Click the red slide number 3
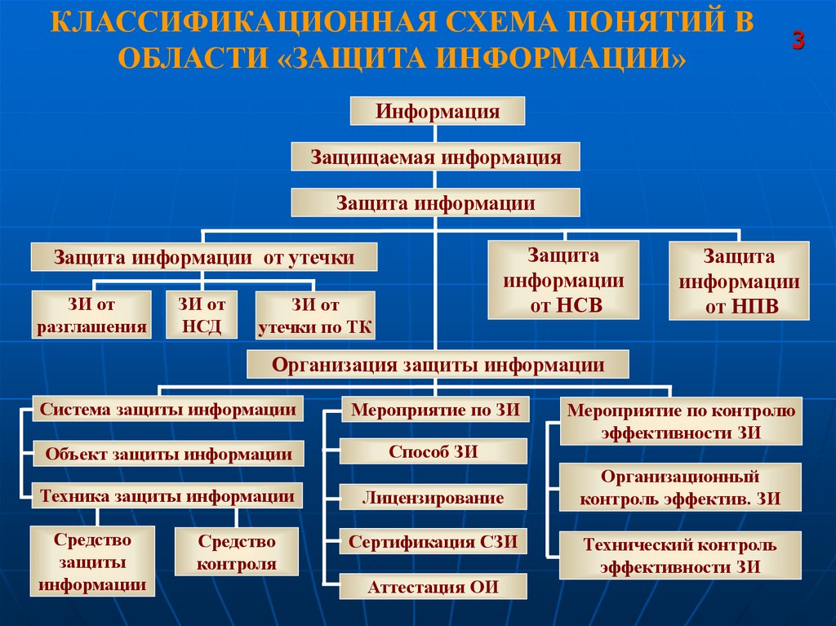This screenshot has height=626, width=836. [798, 42]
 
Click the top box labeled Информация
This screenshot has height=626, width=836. [437, 111]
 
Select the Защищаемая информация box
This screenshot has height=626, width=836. [435, 157]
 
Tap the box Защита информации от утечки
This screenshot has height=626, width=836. [204, 258]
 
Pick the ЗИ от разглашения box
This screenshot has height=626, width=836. [91, 316]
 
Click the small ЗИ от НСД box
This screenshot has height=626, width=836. [202, 316]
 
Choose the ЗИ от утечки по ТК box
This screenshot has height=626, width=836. [315, 316]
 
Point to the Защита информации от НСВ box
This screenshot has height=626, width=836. [563, 281]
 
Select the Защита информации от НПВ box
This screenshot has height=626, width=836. [740, 281]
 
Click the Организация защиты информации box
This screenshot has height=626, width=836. [438, 364]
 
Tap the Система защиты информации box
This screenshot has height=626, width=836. [168, 409]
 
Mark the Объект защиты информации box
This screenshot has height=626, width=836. [168, 454]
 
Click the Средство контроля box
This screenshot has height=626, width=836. [236, 552]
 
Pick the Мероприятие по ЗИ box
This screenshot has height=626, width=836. [435, 409]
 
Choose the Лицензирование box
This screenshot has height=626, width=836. [433, 496]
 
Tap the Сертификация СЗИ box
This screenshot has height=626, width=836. [433, 541]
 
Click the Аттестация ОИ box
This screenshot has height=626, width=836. [433, 586]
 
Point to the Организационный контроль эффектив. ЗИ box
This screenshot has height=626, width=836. [680, 487]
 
